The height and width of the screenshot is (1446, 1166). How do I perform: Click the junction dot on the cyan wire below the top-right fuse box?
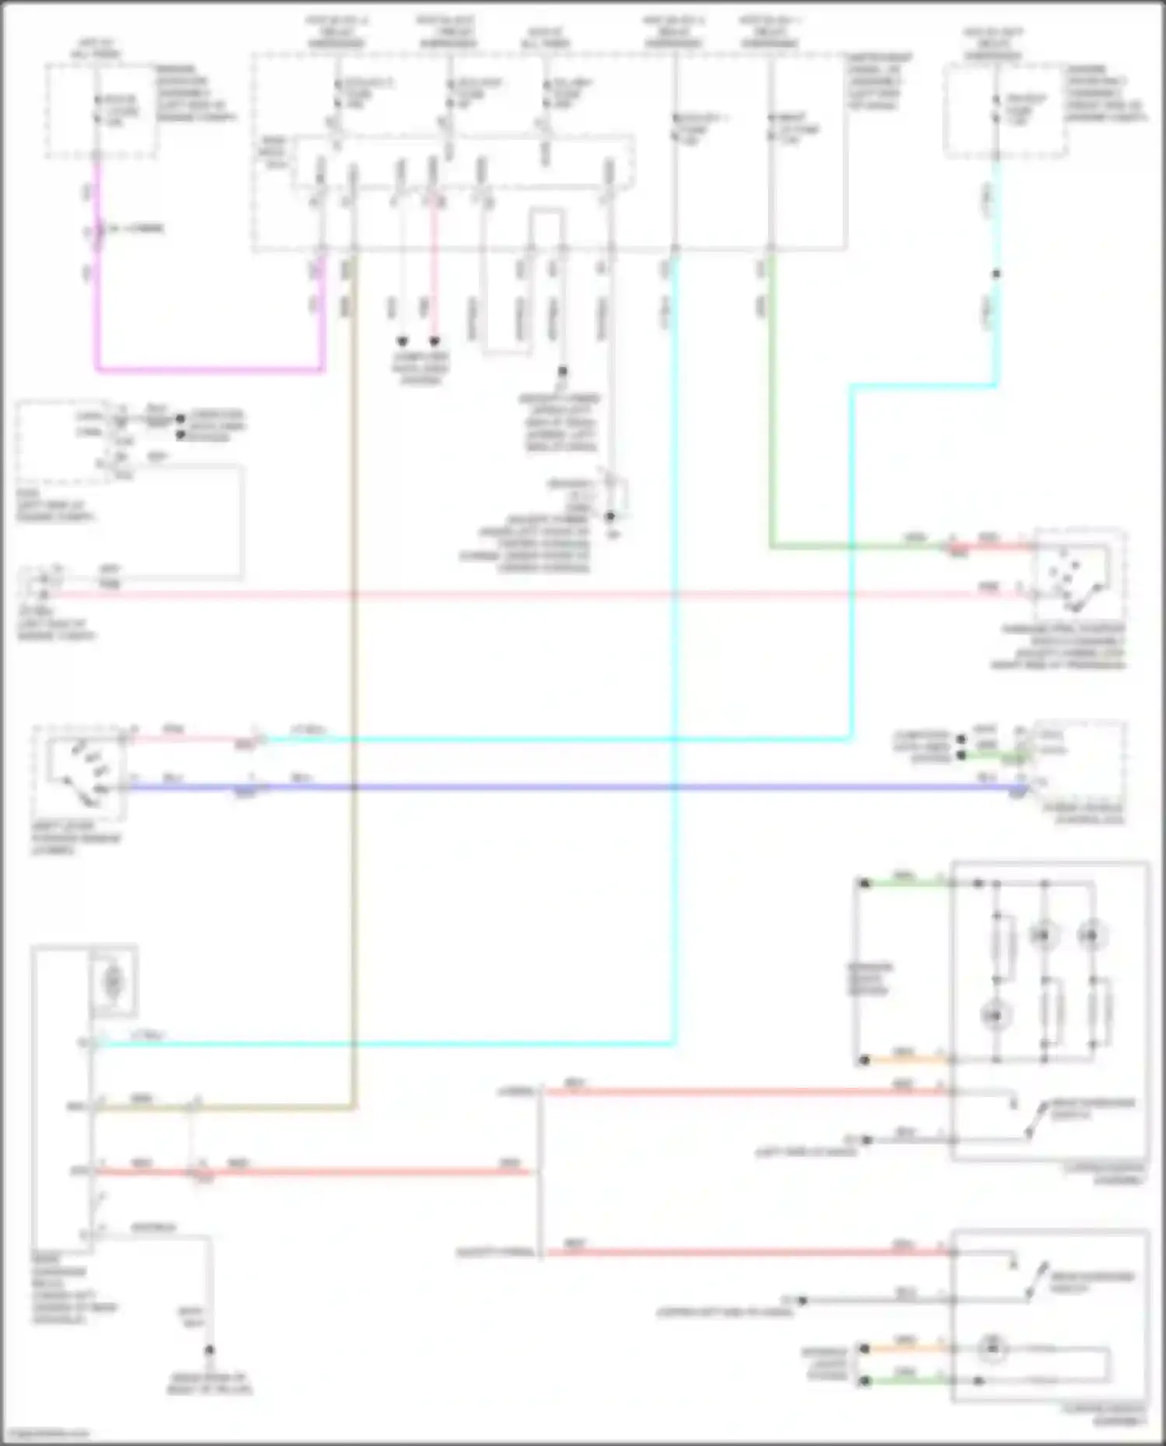click(996, 274)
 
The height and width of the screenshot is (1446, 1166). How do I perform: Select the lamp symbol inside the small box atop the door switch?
click(113, 982)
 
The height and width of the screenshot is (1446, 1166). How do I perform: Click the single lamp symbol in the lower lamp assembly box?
click(992, 1349)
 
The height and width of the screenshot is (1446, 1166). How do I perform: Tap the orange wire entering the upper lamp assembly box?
click(906, 1059)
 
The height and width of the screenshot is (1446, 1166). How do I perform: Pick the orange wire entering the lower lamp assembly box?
click(906, 1348)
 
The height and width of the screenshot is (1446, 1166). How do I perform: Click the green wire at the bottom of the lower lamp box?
click(906, 1381)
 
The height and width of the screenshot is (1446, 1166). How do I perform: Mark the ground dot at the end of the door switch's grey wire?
click(209, 1350)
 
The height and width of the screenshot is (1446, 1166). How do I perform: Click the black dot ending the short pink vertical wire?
click(435, 341)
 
